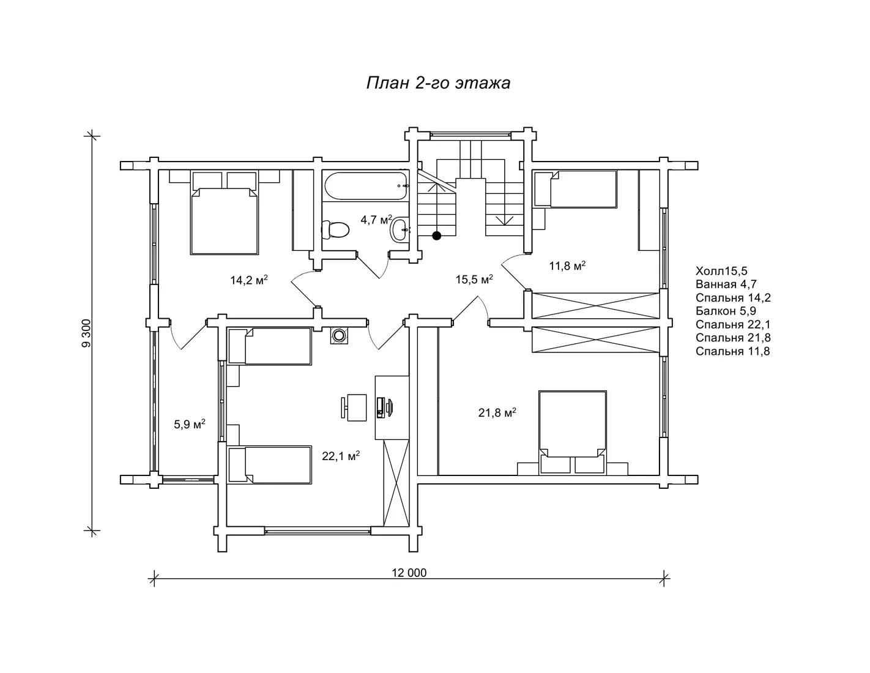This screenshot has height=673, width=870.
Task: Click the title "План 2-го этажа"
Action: point(438,83)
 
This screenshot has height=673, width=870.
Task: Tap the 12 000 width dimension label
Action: point(409,573)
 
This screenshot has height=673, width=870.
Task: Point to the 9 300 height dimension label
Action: point(86,333)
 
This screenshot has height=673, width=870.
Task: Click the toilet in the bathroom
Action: point(335,230)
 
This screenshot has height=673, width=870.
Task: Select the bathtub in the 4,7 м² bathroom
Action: point(366,186)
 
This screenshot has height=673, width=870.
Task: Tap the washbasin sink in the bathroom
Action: point(400,230)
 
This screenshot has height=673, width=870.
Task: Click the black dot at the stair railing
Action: point(436,236)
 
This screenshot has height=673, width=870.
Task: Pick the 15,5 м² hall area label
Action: point(474,279)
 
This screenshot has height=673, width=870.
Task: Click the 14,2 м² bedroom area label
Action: point(248,280)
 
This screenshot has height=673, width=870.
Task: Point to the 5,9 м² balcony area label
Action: point(190,424)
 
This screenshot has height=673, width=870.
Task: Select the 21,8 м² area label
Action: point(497,412)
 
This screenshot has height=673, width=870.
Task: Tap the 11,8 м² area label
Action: point(567,266)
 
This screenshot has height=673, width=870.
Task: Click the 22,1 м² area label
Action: point(341,456)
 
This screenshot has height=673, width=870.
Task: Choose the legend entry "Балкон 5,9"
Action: point(726,311)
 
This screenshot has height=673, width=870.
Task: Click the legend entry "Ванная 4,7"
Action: point(726,284)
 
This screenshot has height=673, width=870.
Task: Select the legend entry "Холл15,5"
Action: point(721,270)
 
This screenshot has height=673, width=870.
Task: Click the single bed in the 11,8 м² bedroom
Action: point(575,190)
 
